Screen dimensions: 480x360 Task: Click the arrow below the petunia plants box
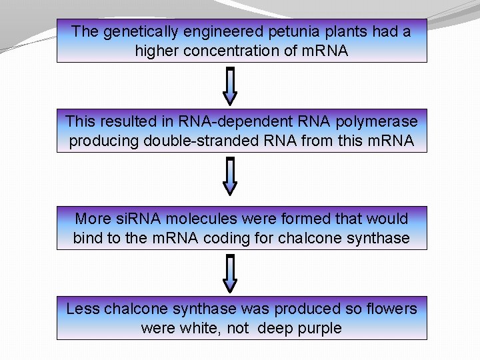(229, 86)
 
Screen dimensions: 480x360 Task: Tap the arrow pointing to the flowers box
(229, 274)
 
